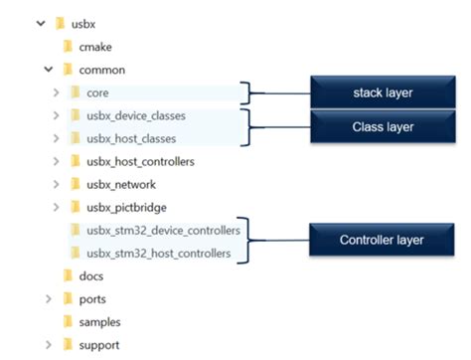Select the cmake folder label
[x=97, y=46]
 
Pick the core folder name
[x=97, y=92]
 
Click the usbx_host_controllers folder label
[x=139, y=161]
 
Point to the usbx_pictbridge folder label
[x=126, y=207]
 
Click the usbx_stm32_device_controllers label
[x=163, y=231]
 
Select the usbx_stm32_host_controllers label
[x=159, y=254]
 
